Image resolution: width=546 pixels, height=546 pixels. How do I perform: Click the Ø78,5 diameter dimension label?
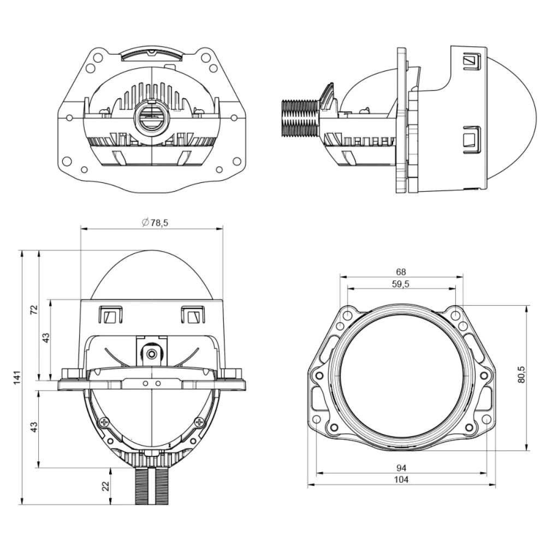(155, 222)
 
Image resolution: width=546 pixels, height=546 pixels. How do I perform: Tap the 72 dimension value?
(34, 310)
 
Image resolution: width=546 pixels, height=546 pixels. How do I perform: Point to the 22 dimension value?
(106, 486)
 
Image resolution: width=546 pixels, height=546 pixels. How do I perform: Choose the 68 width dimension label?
(401, 271)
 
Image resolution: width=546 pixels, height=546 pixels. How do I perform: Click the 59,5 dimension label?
(401, 284)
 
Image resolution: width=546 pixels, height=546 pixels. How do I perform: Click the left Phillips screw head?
(104, 422)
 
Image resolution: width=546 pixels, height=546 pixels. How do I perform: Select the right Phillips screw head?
(199, 422)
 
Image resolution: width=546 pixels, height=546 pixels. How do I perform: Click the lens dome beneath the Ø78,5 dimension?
(151, 276)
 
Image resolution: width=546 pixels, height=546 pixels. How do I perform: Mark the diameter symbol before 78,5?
(145, 222)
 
